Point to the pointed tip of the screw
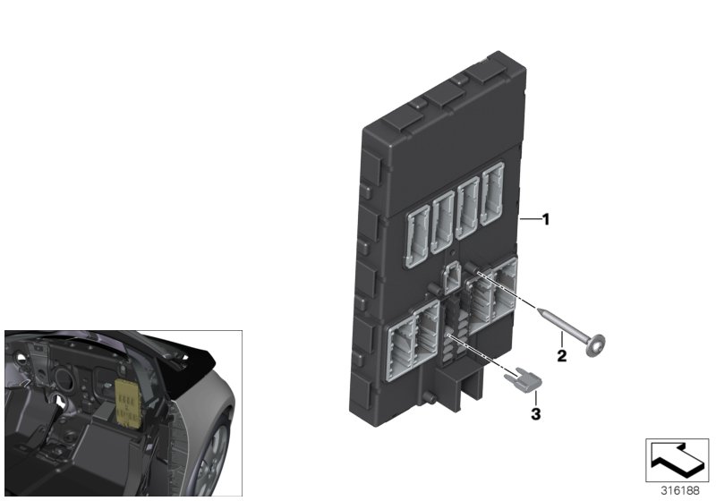tap(541, 309)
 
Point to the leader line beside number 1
tap(528, 219)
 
